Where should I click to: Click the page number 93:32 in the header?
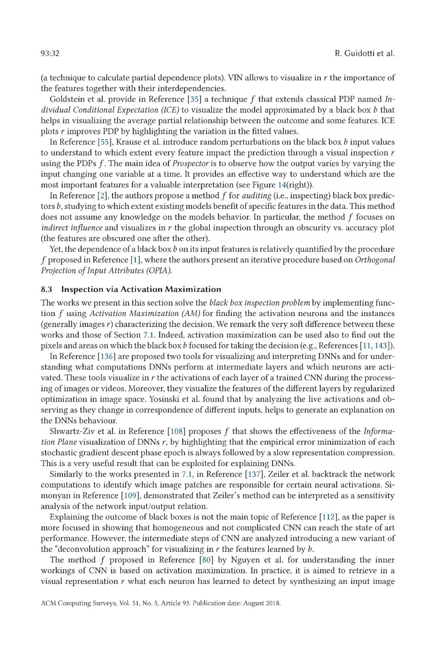pyautogui.click(x=50, y=53)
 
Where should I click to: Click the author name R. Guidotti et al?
pyautogui.click(x=365, y=53)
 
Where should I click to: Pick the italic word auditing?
pyautogui.click(x=256, y=196)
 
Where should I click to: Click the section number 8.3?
pyautogui.click(x=46, y=289)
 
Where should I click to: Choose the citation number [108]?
pyautogui.click(x=176, y=431)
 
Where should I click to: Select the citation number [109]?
pyautogui.click(x=130, y=495)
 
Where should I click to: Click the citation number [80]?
pyautogui.click(x=206, y=560)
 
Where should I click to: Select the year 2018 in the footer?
pyautogui.click(x=272, y=603)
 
